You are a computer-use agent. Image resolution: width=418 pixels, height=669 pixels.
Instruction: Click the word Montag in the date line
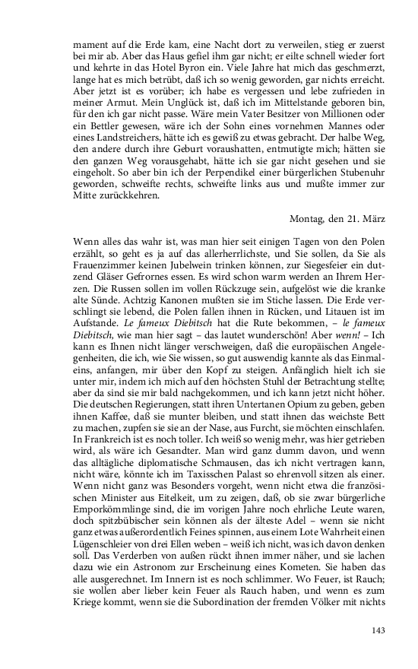308,218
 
